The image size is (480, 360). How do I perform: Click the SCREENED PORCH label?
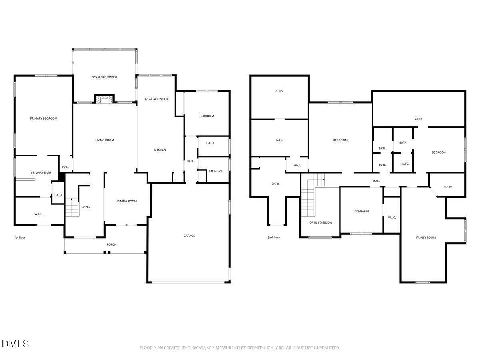point(104,77)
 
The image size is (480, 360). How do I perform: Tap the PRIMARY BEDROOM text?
point(44,118)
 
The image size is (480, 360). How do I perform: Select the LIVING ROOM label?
point(104,140)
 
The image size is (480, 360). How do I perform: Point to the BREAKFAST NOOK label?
point(156,99)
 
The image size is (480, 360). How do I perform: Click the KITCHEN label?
point(160,150)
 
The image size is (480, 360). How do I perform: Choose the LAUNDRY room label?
point(215,171)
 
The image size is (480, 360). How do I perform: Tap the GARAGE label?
point(189,236)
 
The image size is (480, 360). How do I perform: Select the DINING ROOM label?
point(127,201)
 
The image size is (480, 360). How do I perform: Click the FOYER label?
point(86,207)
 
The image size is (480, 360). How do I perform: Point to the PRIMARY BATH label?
point(41,172)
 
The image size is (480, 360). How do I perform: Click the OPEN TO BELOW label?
point(321,222)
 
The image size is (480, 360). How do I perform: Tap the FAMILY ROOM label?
point(426,238)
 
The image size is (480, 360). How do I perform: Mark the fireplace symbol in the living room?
point(104,100)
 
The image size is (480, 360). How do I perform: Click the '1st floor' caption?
point(20,238)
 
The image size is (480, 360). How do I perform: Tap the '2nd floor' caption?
point(274,238)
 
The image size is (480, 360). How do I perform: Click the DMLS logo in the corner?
point(15,344)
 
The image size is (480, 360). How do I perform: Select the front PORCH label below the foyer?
point(111,244)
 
